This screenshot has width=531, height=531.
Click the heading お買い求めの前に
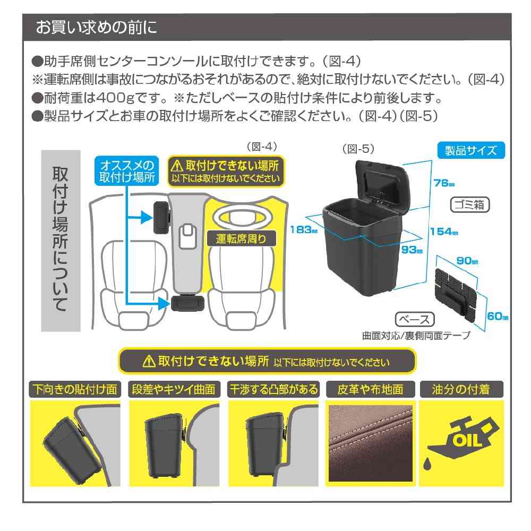[x=96, y=28]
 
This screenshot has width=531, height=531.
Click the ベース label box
[x=415, y=320]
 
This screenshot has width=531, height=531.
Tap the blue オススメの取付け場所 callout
[x=126, y=170]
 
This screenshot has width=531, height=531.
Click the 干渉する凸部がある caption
[x=273, y=389]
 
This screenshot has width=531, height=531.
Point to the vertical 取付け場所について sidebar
[x=61, y=240]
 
